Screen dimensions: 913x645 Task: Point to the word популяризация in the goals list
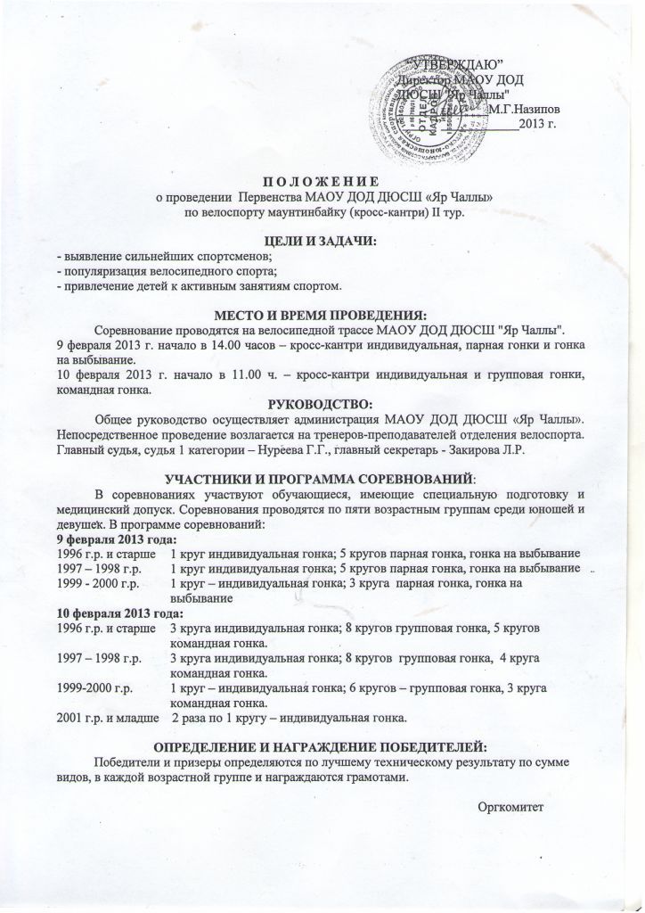coord(99,270)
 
